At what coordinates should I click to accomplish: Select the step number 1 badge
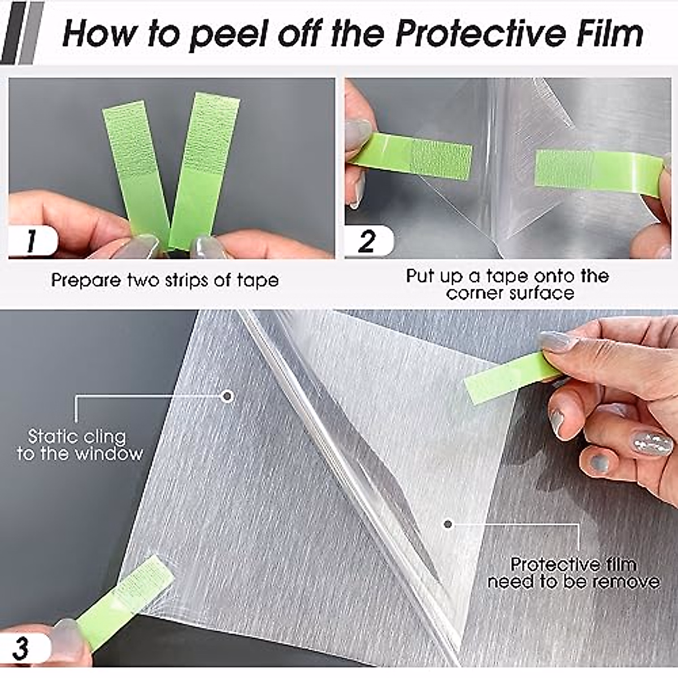click(x=31, y=241)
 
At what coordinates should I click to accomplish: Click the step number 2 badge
click(x=367, y=241)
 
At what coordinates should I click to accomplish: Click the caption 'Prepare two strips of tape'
click(x=165, y=280)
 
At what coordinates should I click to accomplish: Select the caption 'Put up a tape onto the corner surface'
click(x=507, y=285)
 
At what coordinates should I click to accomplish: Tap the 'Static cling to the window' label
click(x=79, y=445)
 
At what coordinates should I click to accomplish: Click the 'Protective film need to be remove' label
click(x=573, y=573)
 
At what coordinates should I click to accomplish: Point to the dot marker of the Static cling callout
click(x=228, y=397)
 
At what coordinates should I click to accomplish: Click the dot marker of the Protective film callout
click(x=448, y=524)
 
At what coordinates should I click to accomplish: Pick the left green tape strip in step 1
click(x=136, y=169)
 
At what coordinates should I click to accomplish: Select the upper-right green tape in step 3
click(x=511, y=378)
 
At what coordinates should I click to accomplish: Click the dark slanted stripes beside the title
click(x=23, y=33)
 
